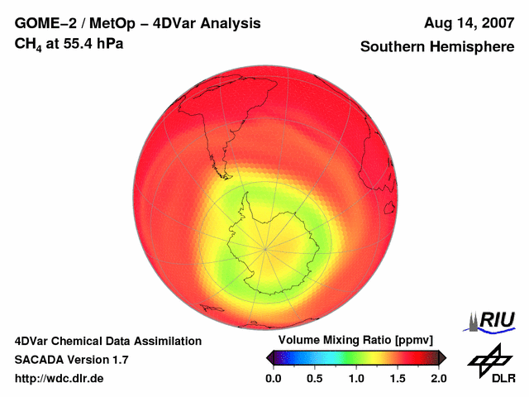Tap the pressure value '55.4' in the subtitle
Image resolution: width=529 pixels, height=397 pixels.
click(74, 42)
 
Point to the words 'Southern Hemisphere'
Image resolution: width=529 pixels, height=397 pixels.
click(437, 47)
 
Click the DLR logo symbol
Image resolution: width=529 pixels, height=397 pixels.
click(488, 357)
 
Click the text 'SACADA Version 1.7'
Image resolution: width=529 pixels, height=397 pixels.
click(71, 360)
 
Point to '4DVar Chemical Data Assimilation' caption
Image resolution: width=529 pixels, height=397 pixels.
click(107, 341)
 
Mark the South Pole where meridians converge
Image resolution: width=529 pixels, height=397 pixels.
click(265, 246)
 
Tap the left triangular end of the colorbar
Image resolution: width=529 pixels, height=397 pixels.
click(269, 357)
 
